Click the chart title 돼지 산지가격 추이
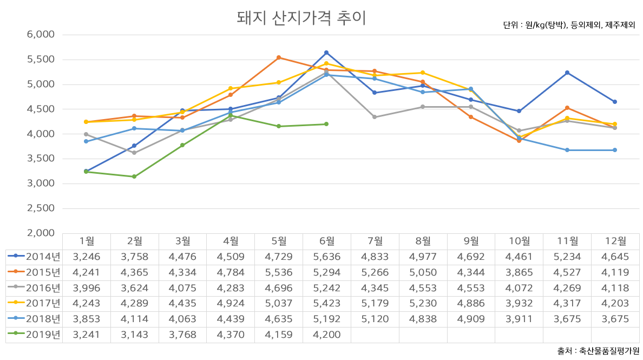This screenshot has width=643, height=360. (x=301, y=17)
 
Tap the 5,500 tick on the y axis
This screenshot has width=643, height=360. (x=41, y=60)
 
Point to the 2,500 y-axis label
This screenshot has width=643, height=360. (x=41, y=208)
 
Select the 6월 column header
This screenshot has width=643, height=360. (x=326, y=241)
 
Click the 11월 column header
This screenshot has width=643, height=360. (x=567, y=241)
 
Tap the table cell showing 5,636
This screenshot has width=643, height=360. (x=326, y=257)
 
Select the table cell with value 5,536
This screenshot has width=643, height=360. (x=278, y=272)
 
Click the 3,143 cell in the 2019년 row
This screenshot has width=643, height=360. (x=134, y=335)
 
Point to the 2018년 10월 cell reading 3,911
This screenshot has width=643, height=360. (x=519, y=319)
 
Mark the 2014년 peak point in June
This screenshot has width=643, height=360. (x=326, y=53)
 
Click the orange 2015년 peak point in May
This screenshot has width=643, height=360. (x=278, y=57)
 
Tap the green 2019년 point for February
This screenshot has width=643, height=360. (x=134, y=176)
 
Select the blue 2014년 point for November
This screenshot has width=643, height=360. (x=567, y=73)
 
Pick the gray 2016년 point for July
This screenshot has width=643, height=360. (x=375, y=117)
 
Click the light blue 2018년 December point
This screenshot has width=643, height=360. (x=615, y=150)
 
